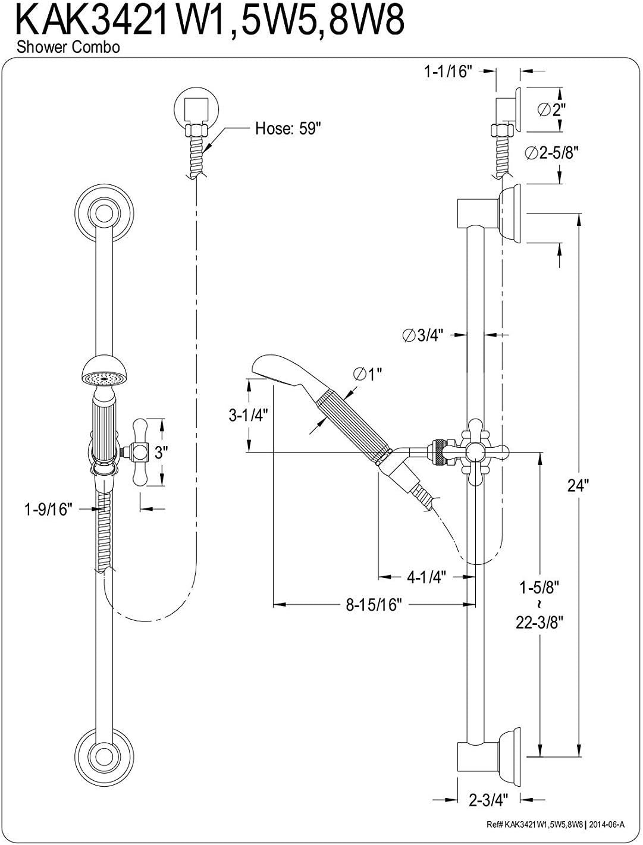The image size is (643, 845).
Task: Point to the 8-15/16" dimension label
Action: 374,605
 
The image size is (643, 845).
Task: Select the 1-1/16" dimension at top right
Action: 448,71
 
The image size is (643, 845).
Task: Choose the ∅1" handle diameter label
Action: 367,373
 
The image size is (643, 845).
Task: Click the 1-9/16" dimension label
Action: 48,509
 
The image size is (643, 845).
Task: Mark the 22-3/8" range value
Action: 540,622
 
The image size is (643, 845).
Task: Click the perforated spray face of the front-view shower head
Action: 104,378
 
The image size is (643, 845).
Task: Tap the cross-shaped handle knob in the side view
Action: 478,453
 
